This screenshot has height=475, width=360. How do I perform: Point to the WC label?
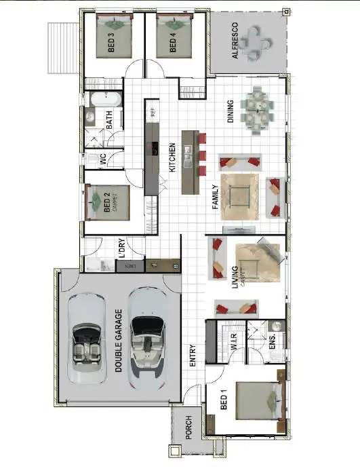[103, 160]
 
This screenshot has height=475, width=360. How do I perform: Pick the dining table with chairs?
[258, 111]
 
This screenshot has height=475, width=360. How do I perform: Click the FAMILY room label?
[216, 198]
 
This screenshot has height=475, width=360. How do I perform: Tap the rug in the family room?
[239, 196]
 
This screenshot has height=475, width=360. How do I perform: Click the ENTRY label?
[193, 354]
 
